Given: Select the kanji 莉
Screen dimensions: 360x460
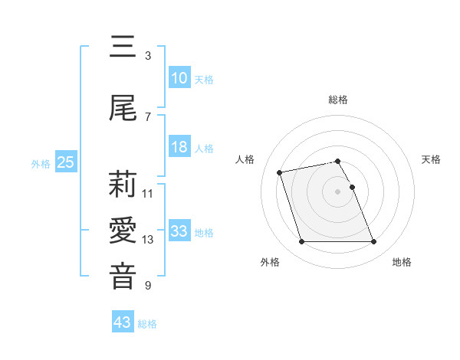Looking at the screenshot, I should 123,185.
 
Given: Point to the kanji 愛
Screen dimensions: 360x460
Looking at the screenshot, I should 123,231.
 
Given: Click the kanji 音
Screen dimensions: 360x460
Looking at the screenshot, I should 123,277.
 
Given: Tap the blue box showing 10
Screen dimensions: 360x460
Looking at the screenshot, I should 179,78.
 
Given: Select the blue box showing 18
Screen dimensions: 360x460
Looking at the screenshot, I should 179,148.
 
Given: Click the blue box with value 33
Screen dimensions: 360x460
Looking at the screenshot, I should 179,231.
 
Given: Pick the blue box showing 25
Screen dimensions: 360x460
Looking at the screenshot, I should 65,162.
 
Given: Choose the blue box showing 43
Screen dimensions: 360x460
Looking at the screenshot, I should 122,322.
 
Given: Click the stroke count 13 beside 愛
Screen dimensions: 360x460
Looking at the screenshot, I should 148,240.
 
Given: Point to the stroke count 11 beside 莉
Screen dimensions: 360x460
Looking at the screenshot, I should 148,194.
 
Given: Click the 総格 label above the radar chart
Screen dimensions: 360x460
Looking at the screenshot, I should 338,100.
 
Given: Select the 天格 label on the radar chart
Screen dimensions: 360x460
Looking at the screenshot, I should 432,159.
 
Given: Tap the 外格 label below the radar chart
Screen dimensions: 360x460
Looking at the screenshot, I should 270,262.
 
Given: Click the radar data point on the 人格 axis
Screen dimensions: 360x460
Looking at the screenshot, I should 280,172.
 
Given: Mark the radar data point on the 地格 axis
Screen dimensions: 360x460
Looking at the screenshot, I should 373,242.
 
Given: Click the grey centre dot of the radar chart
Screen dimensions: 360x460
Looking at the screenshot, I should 338,191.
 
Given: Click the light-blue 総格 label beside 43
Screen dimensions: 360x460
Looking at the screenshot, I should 147,323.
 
